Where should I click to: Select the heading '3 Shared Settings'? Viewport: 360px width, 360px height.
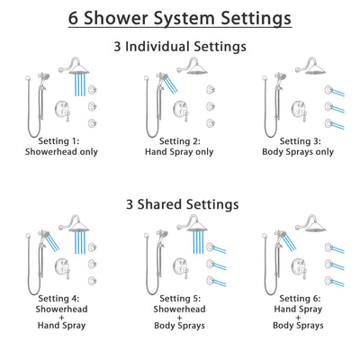click(180, 203)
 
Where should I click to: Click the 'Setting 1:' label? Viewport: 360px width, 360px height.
click(62, 141)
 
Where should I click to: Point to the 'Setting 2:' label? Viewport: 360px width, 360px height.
click(180, 141)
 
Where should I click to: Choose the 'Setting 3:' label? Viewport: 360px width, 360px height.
click(298, 141)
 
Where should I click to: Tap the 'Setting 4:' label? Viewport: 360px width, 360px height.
click(62, 301)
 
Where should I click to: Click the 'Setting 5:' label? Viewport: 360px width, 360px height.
click(180, 301)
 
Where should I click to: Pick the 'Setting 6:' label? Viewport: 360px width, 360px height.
click(298, 301)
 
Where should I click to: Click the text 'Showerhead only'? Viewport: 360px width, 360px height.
click(62, 153)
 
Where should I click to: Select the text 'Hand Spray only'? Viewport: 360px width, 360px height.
click(180, 153)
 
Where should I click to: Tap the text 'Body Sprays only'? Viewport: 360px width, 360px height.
click(298, 153)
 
